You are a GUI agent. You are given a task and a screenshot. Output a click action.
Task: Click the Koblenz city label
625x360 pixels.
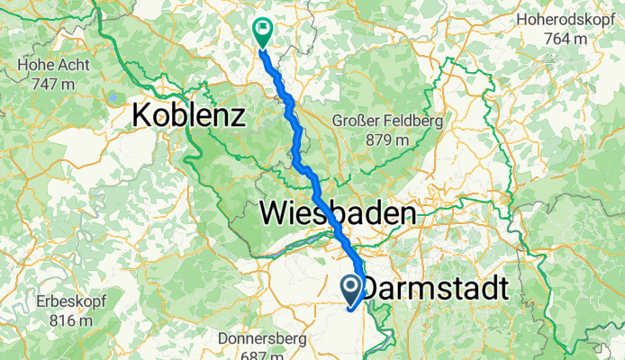point(189,115)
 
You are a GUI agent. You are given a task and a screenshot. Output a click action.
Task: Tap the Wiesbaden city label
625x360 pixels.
point(339,213)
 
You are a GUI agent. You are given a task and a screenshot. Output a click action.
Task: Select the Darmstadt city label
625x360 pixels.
point(435,289)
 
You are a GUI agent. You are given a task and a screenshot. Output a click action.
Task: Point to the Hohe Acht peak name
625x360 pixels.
point(52,66)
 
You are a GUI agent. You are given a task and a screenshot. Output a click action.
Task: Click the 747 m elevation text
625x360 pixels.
point(52,84)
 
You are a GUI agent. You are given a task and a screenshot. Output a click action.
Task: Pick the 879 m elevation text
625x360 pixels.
point(389,139)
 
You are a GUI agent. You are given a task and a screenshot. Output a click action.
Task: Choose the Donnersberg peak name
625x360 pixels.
point(262,339)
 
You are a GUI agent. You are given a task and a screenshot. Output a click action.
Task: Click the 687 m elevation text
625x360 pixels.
point(262,355)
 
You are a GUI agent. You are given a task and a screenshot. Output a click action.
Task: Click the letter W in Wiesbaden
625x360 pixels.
point(274,213)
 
